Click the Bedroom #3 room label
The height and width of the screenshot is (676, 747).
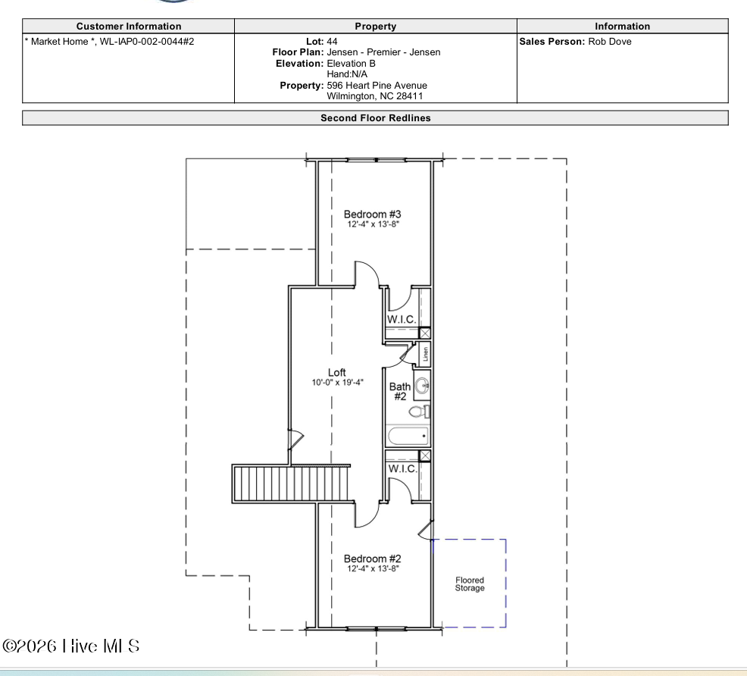click(372, 214)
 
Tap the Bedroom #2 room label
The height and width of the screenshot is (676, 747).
click(372, 559)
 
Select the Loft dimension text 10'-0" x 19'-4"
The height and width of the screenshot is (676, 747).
click(337, 382)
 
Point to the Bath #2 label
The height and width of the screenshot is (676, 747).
click(400, 391)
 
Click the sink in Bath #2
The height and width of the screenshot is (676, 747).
click(422, 386)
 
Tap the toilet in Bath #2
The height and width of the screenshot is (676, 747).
click(419, 411)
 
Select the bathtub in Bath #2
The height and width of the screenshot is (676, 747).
click(408, 436)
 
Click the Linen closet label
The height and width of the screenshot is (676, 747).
click(426, 354)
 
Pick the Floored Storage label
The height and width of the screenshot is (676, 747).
click(470, 584)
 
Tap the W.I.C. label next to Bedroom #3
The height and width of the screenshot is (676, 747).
click(402, 319)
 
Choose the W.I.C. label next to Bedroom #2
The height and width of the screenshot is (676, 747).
click(402, 468)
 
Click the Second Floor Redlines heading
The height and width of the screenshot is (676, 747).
click(376, 117)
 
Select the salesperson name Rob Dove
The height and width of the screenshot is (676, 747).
click(610, 42)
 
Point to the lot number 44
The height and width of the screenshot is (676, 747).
click(332, 42)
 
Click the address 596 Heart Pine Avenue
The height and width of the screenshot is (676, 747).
click(377, 86)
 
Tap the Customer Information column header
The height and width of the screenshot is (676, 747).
click(129, 27)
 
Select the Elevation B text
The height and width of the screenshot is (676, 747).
click(351, 64)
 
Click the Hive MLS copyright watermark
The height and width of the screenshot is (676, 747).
click(71, 646)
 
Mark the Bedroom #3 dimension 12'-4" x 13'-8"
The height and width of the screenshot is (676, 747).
click(373, 224)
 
